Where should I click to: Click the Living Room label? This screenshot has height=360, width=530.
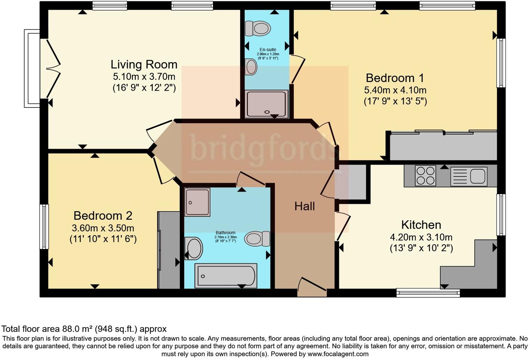144,65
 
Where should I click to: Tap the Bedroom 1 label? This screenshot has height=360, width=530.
395,78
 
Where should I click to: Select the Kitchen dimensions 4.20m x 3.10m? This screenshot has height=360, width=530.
421,237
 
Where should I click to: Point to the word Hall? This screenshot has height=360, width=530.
304,206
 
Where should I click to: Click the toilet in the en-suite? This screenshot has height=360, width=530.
258,28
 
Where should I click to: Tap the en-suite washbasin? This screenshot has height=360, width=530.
251,67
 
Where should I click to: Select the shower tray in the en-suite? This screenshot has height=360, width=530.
267,104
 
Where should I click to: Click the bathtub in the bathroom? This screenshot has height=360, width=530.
226,276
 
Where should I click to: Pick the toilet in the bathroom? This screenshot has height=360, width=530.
257,239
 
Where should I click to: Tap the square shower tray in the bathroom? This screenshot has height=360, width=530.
197,202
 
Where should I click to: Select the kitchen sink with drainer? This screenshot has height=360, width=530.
469,176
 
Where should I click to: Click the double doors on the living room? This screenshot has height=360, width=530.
53,69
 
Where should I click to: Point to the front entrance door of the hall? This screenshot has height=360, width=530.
312,287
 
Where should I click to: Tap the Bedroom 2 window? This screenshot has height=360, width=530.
44,227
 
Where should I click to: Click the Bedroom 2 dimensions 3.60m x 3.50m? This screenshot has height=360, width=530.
103,228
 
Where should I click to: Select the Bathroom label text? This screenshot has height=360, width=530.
226,233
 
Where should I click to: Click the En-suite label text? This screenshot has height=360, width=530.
268,50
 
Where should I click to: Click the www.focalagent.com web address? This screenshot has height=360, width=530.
338,354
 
